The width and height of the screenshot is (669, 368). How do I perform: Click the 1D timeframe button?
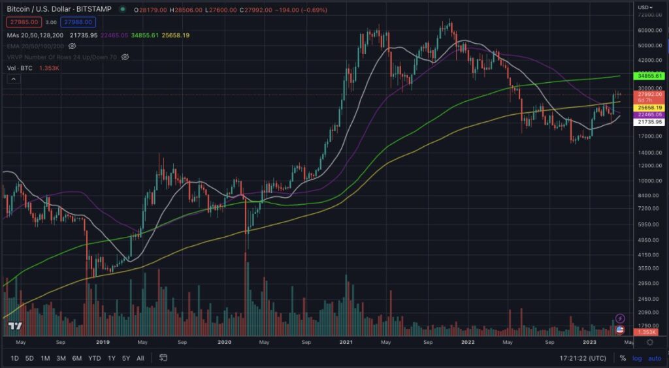pos(14,358)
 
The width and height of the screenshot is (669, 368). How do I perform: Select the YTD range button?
pos(95,358)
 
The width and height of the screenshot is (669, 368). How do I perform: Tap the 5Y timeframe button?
pos(126,358)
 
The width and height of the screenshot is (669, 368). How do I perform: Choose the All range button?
pos(140,358)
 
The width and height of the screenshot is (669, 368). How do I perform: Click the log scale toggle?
pos(637,358)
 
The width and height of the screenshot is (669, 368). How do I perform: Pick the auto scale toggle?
pos(654,358)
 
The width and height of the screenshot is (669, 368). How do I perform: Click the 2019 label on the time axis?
pos(103,341)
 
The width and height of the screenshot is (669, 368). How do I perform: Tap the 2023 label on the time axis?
pos(590,341)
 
